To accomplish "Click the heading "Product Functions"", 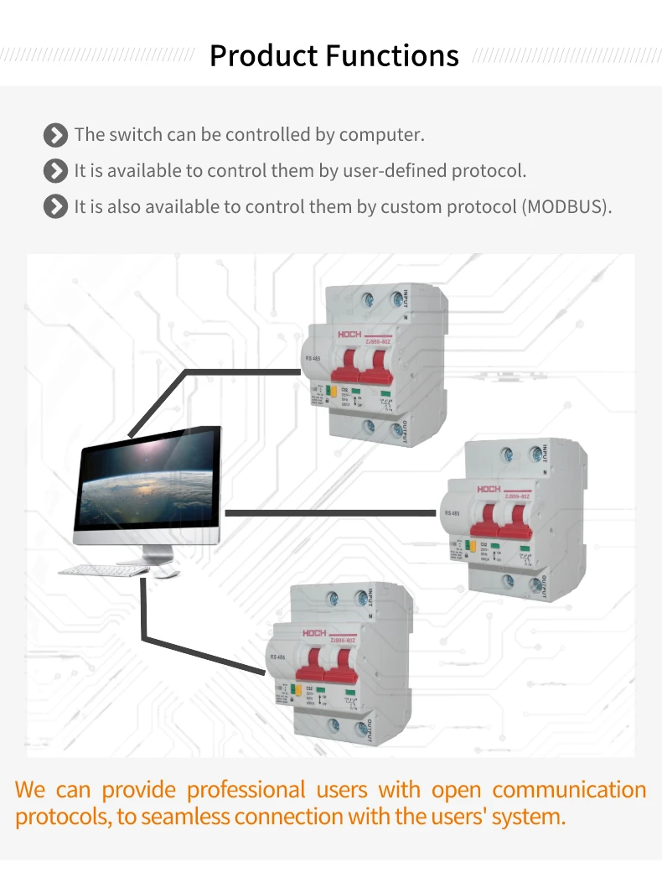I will (334, 56).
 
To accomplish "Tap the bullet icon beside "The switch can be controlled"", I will (55, 135).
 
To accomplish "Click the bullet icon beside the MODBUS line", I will (55, 206).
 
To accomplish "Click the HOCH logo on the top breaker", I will (349, 333).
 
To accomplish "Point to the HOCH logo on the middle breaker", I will (489, 488).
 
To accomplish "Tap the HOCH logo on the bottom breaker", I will (314, 633).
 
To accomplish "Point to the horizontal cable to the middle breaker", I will (331, 512).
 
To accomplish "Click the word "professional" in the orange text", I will (246, 790).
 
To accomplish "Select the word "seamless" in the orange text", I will (178, 817).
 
